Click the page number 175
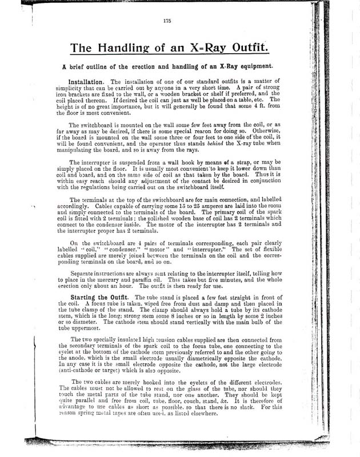[167, 22]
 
